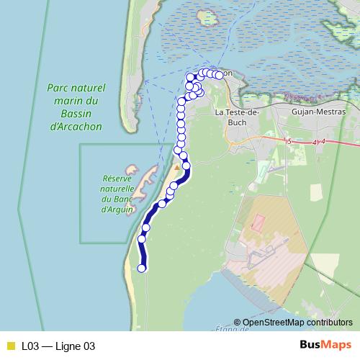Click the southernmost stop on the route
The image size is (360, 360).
[142, 269]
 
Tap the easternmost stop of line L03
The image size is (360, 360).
[219, 75]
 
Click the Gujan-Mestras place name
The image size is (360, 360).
[319, 112]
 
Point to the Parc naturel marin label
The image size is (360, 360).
[76, 94]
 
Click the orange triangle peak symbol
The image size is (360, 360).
[177, 167]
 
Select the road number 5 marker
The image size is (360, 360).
[288, 141]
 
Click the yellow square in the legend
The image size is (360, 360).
[10, 346]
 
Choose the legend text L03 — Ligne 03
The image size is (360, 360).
[58, 346]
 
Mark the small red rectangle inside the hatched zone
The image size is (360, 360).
[258, 222]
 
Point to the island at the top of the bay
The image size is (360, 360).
[208, 16]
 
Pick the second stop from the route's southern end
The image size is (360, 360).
[141, 239]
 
